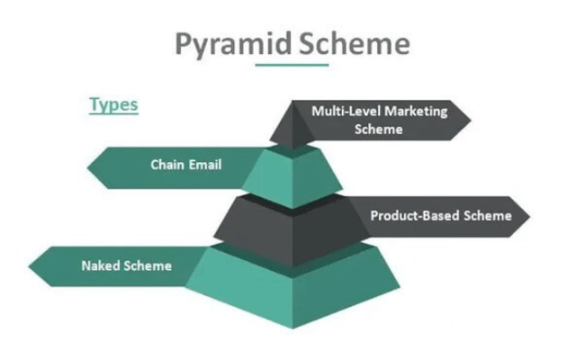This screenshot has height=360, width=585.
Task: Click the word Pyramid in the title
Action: [233, 45]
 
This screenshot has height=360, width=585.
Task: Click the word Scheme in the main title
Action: [355, 43]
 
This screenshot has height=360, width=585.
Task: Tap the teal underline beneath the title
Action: [292, 65]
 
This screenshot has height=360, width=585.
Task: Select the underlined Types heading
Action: [113, 104]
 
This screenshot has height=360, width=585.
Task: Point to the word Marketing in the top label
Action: [416, 112]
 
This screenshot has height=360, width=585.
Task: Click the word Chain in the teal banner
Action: [167, 165]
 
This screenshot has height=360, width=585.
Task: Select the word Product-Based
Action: [415, 216]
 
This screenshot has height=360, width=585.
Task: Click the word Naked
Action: [101, 266]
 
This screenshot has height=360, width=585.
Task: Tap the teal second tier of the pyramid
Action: [292, 176]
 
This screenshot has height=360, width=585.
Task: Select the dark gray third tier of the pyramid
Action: [292, 229]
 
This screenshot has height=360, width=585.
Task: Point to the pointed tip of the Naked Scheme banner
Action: [29, 266]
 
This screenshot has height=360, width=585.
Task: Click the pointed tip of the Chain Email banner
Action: [87, 167]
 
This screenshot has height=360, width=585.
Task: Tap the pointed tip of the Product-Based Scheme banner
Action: [529, 216]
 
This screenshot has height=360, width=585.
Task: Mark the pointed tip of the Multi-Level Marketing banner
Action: [471, 120]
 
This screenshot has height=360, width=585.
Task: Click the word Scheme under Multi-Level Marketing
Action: [378, 130]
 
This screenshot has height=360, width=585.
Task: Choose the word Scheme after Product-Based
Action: [488, 216]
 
